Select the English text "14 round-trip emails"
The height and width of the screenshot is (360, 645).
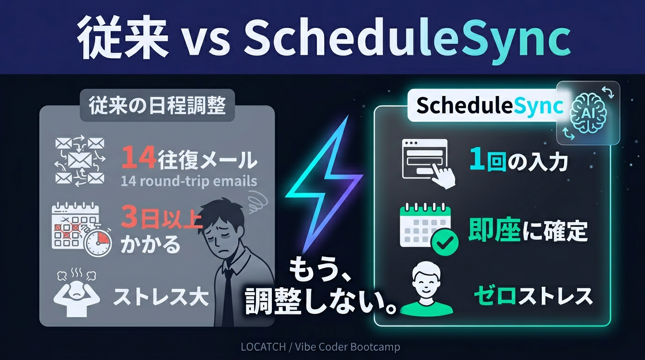189,181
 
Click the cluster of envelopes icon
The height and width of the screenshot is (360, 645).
80,162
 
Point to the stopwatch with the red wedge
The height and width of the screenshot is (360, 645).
97,240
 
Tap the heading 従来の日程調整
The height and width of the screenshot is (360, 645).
157,105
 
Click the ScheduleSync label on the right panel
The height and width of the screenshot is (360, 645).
489,106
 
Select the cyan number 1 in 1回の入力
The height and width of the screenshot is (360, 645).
477,161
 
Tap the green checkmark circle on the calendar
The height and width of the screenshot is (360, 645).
444,242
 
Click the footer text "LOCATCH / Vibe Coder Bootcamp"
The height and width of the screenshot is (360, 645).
321,347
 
